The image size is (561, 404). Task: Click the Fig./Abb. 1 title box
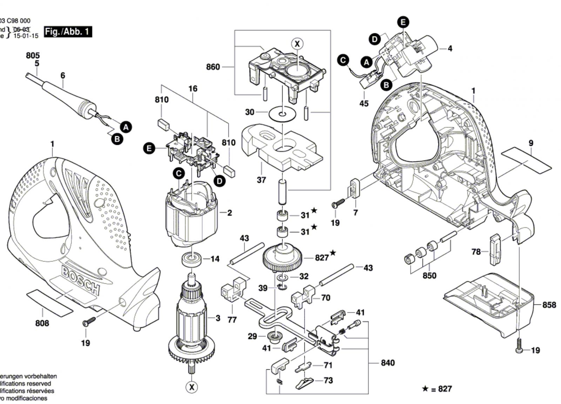click(68, 32)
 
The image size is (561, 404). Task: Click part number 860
click(213, 67)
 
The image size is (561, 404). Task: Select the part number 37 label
click(262, 180)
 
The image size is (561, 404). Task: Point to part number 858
click(549, 305)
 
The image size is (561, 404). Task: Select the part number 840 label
click(388, 363)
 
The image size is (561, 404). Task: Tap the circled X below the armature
click(192, 387)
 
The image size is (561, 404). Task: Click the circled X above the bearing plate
click(297, 44)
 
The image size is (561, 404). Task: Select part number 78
click(476, 252)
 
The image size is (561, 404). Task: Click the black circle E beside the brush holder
click(149, 148)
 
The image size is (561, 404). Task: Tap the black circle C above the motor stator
click(179, 173)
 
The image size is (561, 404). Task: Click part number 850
click(429, 275)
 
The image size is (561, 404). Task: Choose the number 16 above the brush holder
click(193, 89)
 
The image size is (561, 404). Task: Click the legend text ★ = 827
click(437, 389)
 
